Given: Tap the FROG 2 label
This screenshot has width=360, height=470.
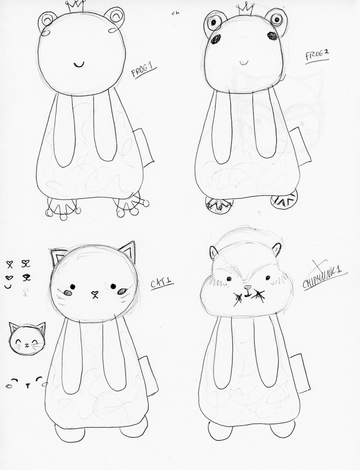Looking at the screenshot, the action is [x=317, y=57].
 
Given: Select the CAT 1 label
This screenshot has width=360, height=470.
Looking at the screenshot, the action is [x=161, y=284].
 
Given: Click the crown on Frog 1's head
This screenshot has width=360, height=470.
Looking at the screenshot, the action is [x=76, y=6].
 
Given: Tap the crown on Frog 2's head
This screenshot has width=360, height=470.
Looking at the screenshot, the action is [x=246, y=8].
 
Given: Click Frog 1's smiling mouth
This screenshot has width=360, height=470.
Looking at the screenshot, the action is [x=78, y=65].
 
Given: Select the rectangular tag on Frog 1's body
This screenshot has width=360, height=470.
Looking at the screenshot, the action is [x=144, y=147].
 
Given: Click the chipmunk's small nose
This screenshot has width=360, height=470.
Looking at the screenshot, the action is [x=246, y=288].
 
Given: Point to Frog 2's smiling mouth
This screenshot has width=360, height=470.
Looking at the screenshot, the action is [x=244, y=63].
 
